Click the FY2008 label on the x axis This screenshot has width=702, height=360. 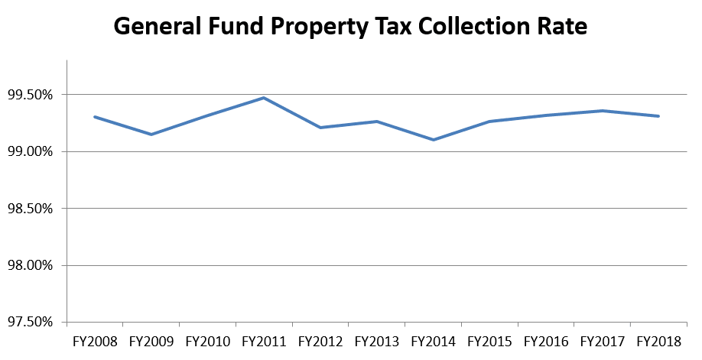tap(94, 340)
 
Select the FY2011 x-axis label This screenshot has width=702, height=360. tap(264, 340)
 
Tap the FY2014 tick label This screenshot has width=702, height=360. tap(434, 340)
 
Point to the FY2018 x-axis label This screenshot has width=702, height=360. tap(659, 340)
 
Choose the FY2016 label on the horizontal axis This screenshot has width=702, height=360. tap(546, 340)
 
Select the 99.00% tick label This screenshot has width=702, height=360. tap(33, 152)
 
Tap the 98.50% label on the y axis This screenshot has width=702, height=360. tap(33, 209)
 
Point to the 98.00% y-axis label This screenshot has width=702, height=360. tap(33, 266)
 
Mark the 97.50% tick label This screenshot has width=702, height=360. tap(33, 323)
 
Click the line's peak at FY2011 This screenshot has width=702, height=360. tap(264, 98)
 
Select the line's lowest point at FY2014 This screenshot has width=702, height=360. tap(434, 140)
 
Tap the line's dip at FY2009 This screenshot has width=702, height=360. tap(151, 135)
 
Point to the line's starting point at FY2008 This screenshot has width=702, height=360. tap(94, 117)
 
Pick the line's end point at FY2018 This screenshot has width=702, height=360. tap(659, 116)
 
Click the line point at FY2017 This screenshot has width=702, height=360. tap(603, 111)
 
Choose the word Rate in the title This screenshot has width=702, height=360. tap(563, 28)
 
